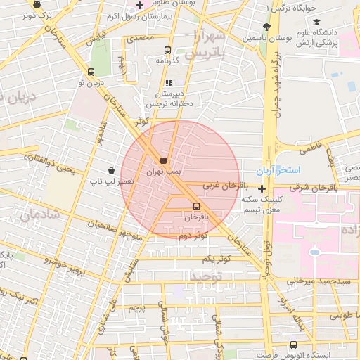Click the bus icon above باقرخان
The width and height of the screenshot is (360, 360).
tap(195, 206)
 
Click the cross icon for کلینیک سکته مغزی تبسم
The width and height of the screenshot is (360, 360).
tap(262, 188)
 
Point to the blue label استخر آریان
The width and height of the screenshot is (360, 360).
tap(296, 171)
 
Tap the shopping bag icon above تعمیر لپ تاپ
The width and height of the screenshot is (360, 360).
tap(111, 170)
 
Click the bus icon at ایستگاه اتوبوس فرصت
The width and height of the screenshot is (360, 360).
tap(294, 345)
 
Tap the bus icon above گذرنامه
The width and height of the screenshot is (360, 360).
tap(167, 50)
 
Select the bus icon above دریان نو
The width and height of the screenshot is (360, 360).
tap(91, 72)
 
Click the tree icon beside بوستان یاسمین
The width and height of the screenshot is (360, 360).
tap(266, 27)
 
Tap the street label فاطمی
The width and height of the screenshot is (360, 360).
tap(310, 150)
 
